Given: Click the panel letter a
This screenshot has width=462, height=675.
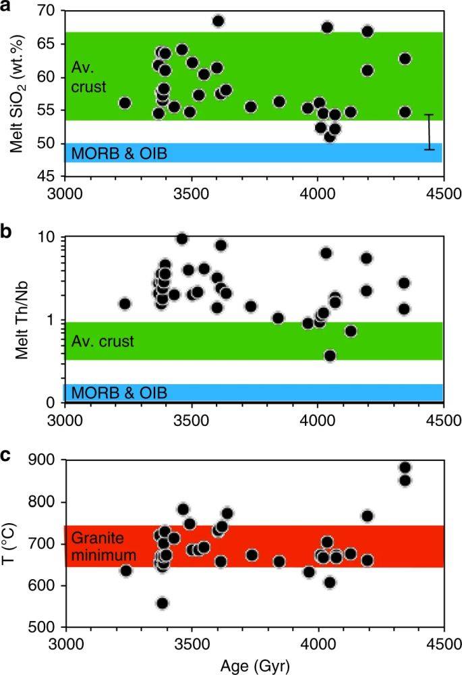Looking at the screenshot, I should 6,6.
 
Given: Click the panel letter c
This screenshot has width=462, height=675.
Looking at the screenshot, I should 6,454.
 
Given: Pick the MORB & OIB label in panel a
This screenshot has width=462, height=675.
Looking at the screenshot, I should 119,154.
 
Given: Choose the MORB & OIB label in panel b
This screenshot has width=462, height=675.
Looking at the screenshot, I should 119,393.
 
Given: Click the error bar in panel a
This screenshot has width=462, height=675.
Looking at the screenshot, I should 428,132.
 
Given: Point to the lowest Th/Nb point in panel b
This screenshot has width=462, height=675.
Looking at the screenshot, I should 330,356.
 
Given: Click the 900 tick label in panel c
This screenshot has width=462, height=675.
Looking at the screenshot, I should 45,460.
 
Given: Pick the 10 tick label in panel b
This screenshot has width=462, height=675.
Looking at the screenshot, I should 49,237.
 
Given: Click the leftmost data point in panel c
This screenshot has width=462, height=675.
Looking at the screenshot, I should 125,571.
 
